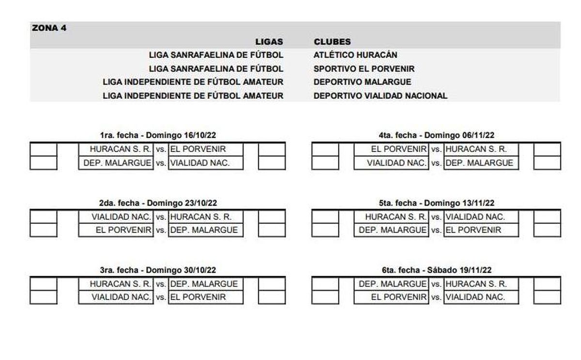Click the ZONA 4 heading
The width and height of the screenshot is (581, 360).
point(49,28)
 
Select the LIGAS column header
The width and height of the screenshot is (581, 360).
point(269,42)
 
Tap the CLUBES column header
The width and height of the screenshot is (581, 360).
point(332,42)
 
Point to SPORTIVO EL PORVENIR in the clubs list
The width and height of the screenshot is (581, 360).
point(364,69)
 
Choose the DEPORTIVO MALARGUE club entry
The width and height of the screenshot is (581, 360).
point(362,82)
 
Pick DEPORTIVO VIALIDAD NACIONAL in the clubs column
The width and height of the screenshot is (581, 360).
point(380,96)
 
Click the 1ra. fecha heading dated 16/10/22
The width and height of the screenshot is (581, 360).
point(155,136)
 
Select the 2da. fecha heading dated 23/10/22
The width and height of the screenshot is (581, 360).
point(155,203)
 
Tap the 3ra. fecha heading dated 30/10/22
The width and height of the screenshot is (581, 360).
point(155,270)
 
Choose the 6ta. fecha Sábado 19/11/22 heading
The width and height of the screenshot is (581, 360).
point(436,270)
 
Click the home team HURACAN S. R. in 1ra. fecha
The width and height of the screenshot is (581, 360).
point(121,149)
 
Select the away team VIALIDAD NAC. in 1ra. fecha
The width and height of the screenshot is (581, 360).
point(199,163)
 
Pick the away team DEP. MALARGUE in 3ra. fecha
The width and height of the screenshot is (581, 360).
point(204,284)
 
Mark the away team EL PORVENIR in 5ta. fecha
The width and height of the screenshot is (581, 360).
point(473,230)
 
